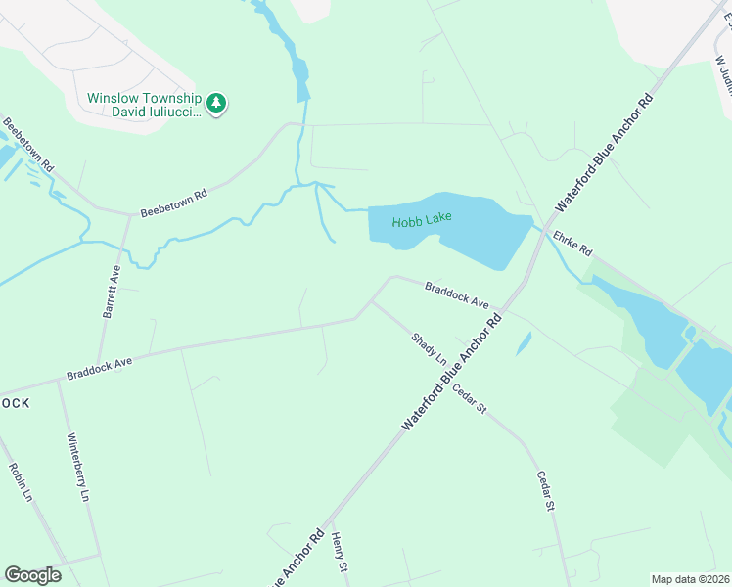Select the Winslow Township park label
pyautogui.click(x=144, y=105)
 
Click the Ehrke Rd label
pyautogui.click(x=572, y=244)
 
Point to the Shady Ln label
pyautogui.click(x=428, y=349)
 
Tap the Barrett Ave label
pyautogui.click(x=111, y=291)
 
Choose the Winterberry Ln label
pyautogui.click(x=78, y=468)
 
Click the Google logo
pyautogui.click(x=32, y=574)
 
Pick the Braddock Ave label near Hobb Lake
pyautogui.click(x=456, y=295)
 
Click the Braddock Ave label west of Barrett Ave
pyautogui.click(x=99, y=368)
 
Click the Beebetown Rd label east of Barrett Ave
pyautogui.click(x=173, y=203)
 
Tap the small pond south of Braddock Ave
pyautogui.click(x=524, y=342)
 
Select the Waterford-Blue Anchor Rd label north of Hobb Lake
pyautogui.click(x=604, y=154)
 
